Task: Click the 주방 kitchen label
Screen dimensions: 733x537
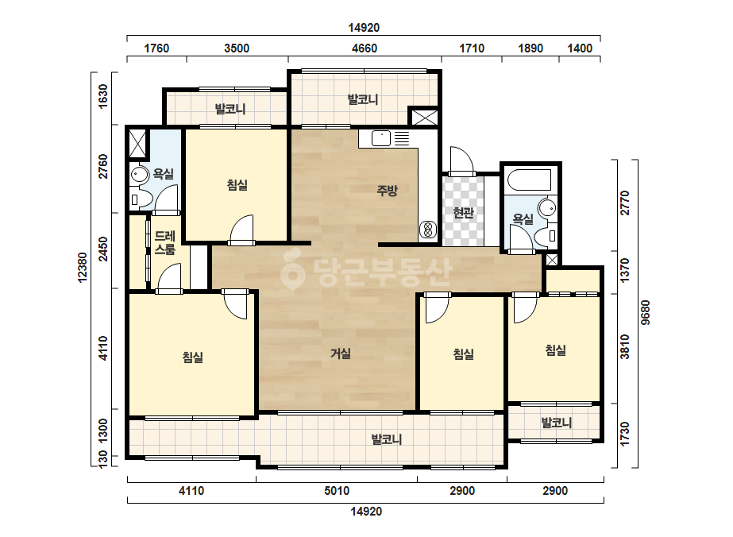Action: click(x=387, y=191)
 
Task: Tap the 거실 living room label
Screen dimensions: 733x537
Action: click(x=341, y=353)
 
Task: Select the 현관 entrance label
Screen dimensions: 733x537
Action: click(x=463, y=213)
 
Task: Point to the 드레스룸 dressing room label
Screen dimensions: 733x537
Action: click(x=164, y=243)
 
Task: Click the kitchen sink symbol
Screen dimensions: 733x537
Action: click(x=381, y=138)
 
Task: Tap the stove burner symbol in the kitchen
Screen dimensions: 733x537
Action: click(x=427, y=230)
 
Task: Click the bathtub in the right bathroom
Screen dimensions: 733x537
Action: click(x=530, y=180)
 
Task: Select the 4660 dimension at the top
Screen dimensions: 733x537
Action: click(x=365, y=48)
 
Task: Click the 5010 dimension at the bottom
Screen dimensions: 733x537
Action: click(x=337, y=491)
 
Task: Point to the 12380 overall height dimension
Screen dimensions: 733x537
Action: click(x=83, y=267)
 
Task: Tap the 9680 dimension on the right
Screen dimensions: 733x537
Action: click(x=645, y=312)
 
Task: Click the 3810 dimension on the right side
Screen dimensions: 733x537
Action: click(x=624, y=346)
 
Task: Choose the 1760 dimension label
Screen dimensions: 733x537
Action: click(x=156, y=48)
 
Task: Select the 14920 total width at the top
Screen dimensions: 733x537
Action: click(x=364, y=28)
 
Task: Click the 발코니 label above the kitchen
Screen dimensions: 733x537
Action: click(x=363, y=99)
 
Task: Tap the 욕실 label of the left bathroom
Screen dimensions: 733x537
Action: click(x=163, y=174)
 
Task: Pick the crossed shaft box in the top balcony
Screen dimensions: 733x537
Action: click(x=425, y=117)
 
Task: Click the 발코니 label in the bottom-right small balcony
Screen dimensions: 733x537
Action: click(x=556, y=423)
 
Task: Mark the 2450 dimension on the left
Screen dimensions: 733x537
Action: click(x=103, y=249)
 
